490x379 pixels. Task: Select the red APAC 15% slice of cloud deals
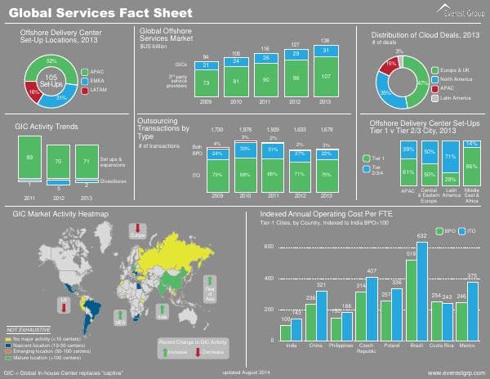pyautogui.click(x=392, y=64)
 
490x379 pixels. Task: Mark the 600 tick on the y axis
pyautogui.click(x=268, y=246)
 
